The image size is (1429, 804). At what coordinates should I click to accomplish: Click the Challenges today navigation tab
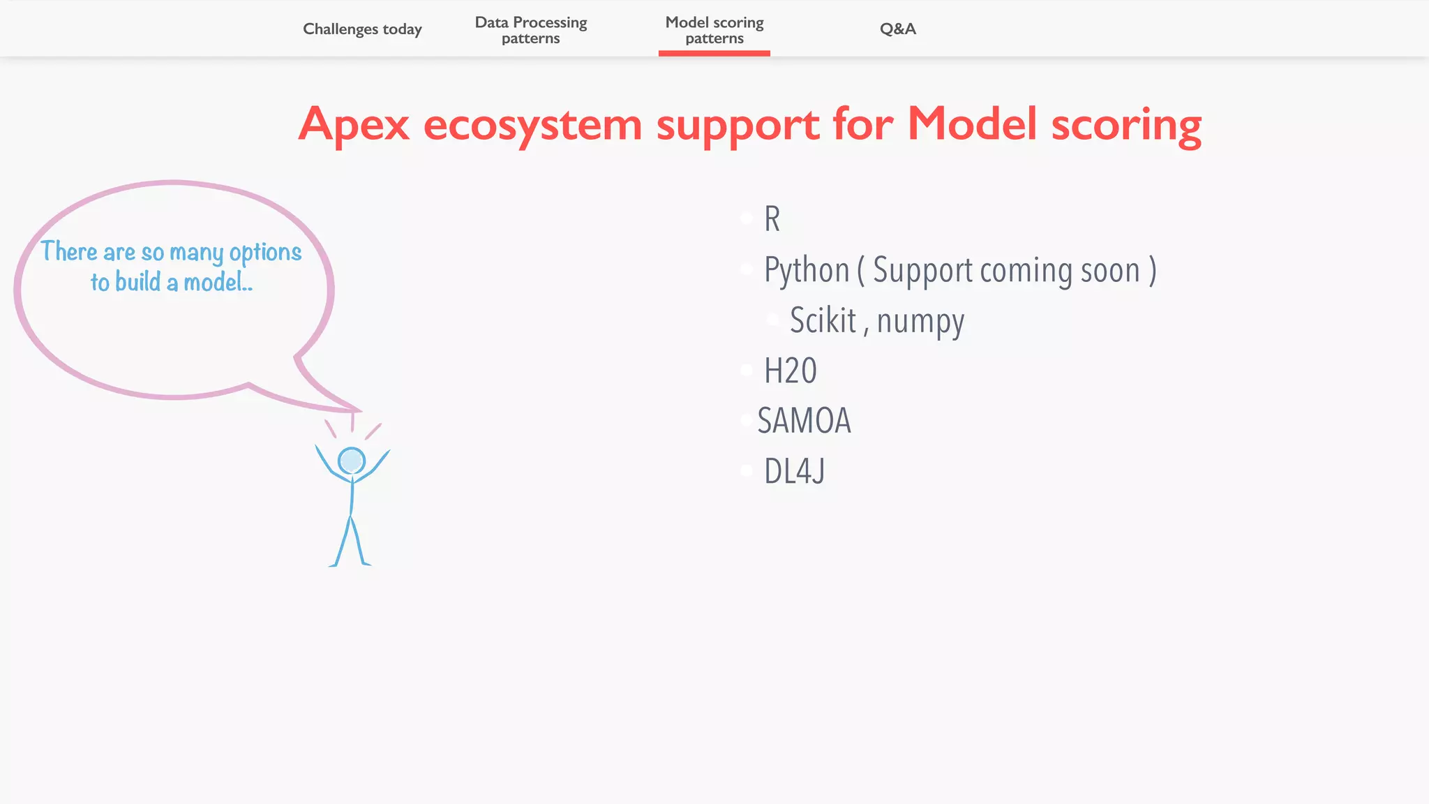(x=362, y=29)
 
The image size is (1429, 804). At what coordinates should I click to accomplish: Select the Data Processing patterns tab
(x=530, y=30)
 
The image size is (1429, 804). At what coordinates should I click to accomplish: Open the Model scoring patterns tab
(x=714, y=30)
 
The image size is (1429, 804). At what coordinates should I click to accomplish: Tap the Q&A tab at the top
(x=897, y=29)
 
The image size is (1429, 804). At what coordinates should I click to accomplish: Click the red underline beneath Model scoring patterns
(x=714, y=53)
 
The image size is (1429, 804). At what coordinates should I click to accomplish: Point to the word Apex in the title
(x=354, y=125)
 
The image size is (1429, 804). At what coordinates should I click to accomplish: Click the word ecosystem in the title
(x=532, y=125)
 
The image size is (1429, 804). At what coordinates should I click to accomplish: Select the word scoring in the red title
(x=1126, y=125)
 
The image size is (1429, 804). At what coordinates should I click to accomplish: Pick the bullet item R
(x=772, y=219)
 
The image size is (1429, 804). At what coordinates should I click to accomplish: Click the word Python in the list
(x=807, y=271)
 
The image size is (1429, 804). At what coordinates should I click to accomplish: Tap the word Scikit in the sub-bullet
(x=823, y=321)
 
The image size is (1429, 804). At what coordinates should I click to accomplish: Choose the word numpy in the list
(x=920, y=322)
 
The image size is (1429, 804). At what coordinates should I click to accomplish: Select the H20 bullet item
(x=790, y=371)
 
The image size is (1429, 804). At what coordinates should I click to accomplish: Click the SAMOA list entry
(x=804, y=421)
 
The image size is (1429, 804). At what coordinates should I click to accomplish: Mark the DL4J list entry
(x=794, y=471)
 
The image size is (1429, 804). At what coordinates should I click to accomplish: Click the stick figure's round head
(x=352, y=461)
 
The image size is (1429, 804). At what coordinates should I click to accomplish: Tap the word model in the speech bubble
(x=214, y=282)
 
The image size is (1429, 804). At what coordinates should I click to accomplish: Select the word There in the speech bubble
(x=69, y=251)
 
